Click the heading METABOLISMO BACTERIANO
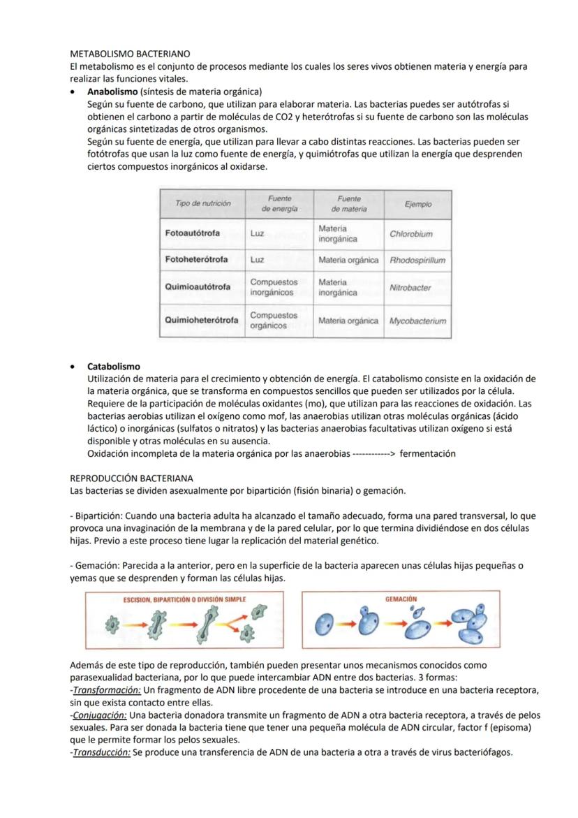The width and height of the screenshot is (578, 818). point(131,53)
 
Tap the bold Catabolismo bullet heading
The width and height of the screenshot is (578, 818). point(113,366)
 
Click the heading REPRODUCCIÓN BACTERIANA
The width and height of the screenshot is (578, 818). point(132,479)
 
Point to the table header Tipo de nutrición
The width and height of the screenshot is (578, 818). point(202,203)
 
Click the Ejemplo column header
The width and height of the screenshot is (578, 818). point(417,204)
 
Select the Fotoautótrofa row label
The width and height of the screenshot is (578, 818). point(192,233)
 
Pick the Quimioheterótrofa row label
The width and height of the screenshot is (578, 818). point(201,320)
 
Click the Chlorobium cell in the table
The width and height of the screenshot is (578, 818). point(411,234)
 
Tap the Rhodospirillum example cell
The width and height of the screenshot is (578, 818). point(417,260)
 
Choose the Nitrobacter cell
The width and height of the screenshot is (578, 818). point(410,287)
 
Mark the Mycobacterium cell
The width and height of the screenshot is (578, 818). point(417,321)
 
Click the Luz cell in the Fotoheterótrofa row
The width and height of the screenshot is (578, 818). point(257,260)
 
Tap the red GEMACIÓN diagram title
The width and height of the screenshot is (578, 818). point(401,599)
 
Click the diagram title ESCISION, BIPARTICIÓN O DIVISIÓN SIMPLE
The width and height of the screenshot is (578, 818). point(184,600)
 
